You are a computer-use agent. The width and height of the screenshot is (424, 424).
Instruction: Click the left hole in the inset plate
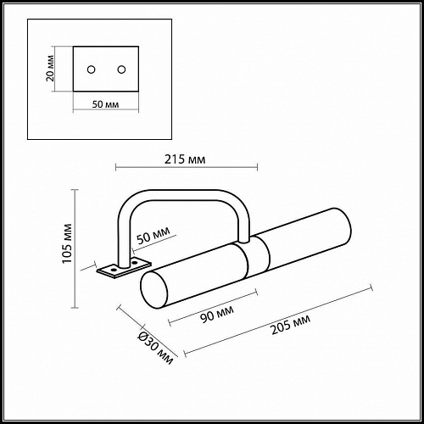90,68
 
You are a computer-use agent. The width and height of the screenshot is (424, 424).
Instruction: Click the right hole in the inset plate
121,68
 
